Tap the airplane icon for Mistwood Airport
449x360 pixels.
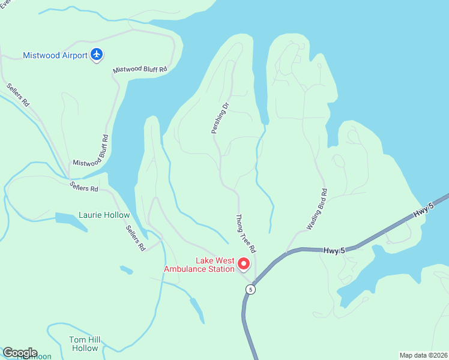pos(97,55)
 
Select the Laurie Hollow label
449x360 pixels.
pos(104,215)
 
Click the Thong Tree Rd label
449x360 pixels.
pos(246,233)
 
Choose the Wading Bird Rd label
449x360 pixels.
pos(317,210)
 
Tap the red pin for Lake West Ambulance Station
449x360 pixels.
pos(244,263)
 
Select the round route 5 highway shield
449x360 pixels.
pos(250,289)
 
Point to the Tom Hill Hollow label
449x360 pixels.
pos(85,344)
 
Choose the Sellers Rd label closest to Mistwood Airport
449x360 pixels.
pos(19,95)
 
